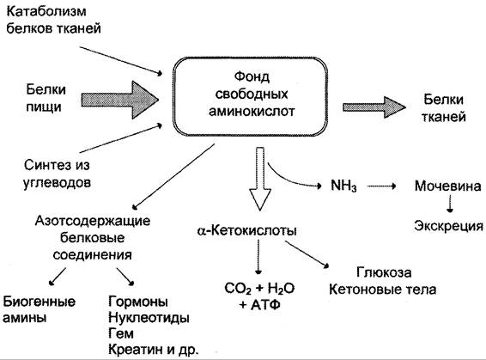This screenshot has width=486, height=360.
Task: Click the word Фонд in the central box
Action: (252, 77)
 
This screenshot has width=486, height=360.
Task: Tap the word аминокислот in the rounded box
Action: (252, 111)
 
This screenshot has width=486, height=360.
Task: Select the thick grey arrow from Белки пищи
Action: (120, 100)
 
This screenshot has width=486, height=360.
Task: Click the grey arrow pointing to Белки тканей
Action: (374, 107)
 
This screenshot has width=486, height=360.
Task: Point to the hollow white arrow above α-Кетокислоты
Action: (260, 179)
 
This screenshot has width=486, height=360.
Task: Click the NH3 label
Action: (343, 186)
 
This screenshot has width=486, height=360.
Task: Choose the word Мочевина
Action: (448, 186)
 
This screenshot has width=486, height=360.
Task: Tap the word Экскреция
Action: (448, 226)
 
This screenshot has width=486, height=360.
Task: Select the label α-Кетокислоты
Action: (246, 230)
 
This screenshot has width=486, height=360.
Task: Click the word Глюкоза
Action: (384, 272)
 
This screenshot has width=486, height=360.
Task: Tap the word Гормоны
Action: (138, 302)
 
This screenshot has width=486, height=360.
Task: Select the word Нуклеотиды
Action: (149, 318)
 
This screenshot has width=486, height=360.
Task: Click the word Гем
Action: (121, 333)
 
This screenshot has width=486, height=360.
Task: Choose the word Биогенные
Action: (39, 302)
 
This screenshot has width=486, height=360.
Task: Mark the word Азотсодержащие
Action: (93, 221)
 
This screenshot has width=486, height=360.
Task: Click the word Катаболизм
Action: (46, 12)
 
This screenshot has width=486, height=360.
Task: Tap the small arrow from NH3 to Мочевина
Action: (381, 186)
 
